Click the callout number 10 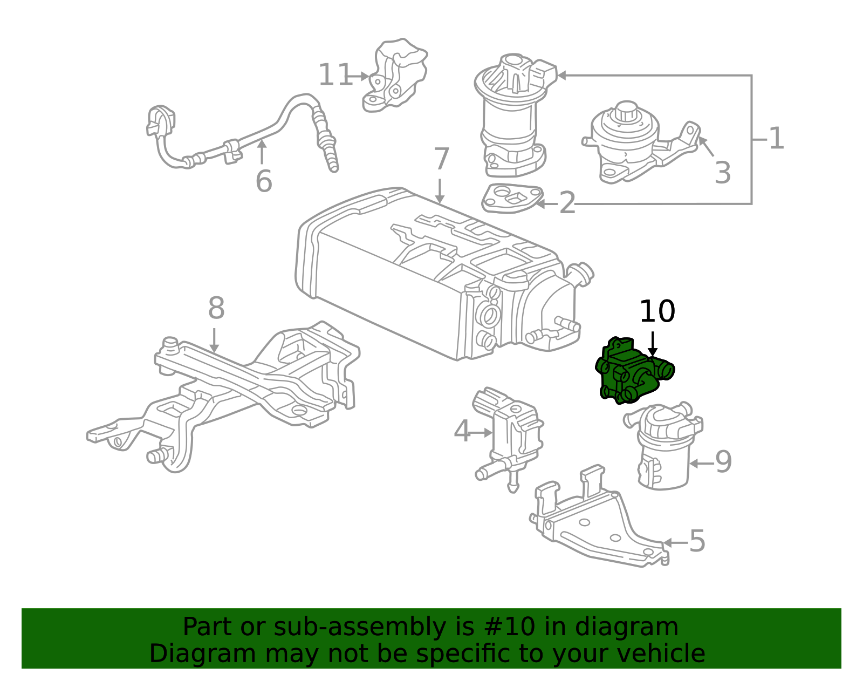pos(656,312)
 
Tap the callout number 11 pos(335,75)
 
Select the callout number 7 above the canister pos(441,159)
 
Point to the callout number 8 pos(216,309)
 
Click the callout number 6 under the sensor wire pos(263,181)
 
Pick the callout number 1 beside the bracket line pos(776,139)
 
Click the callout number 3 pos(722,173)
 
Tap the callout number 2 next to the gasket pos(567,203)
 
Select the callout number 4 pos(462,432)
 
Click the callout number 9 pos(723,462)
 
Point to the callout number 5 pos(697,541)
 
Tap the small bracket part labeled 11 pos(396,76)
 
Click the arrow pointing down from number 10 pos(653,344)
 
